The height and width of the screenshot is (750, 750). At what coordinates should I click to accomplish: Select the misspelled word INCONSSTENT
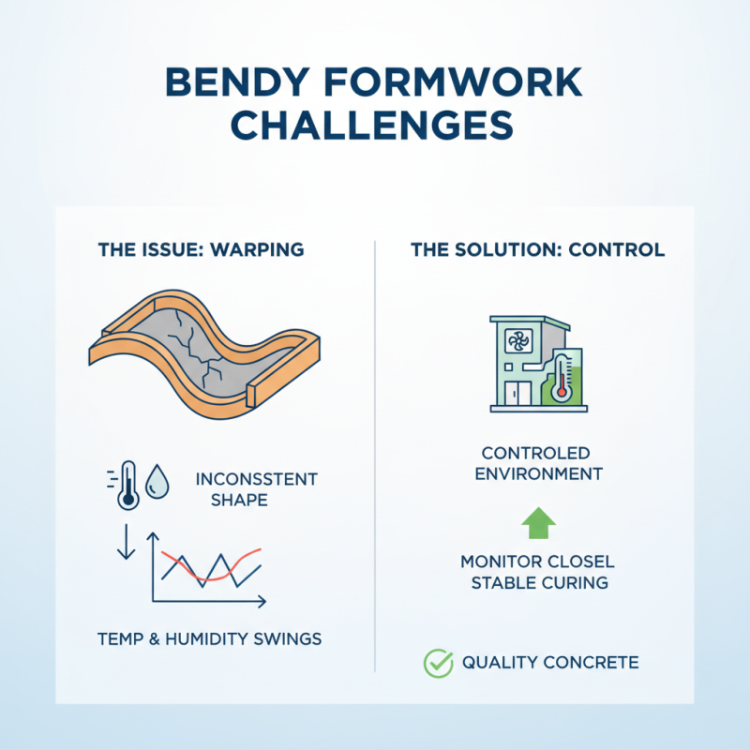click(257, 479)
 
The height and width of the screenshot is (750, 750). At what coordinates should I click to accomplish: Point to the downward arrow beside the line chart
click(124, 549)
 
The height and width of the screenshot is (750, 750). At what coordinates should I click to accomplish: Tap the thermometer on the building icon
click(562, 377)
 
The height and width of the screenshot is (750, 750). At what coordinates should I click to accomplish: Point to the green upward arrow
click(537, 522)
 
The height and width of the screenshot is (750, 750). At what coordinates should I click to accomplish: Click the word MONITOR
click(501, 562)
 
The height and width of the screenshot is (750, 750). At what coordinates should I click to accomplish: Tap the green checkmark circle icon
click(438, 663)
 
